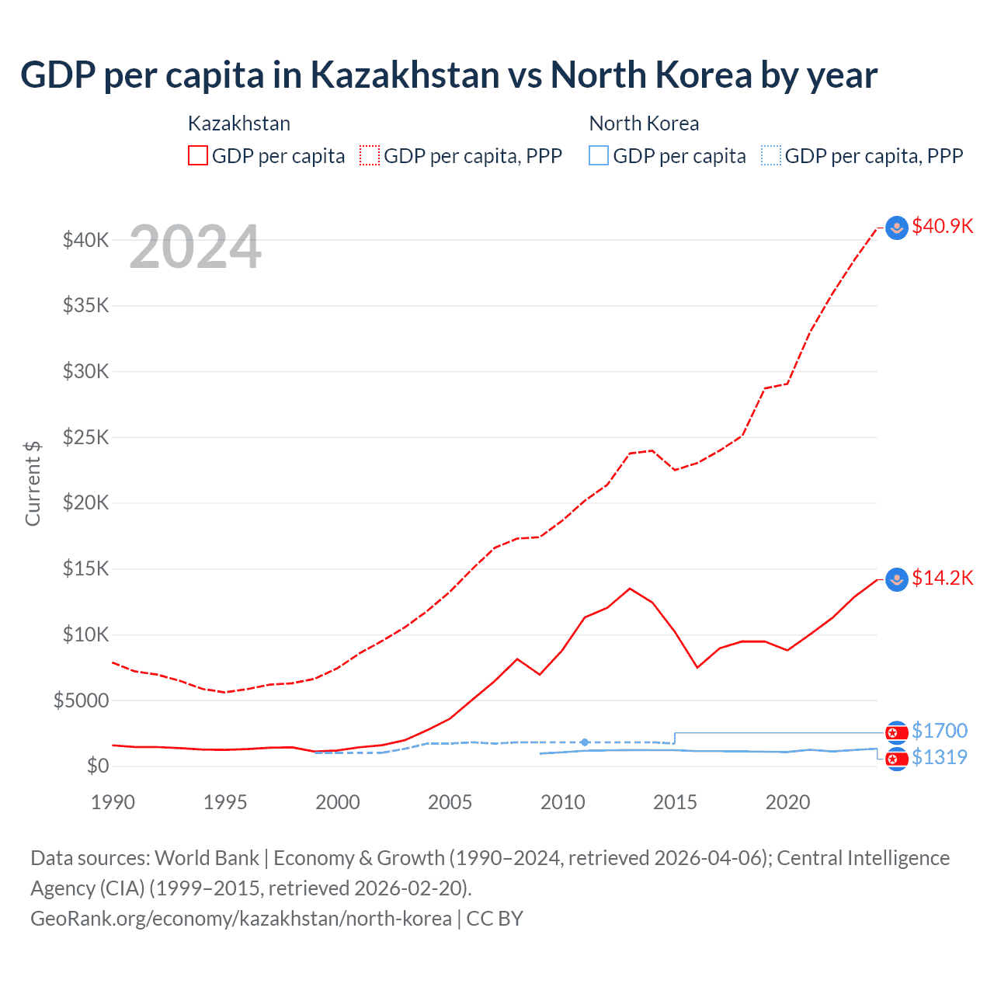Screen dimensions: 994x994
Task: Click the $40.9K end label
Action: click(x=942, y=226)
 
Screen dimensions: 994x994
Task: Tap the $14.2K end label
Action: click(x=942, y=578)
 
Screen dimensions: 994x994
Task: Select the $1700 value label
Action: click(x=940, y=731)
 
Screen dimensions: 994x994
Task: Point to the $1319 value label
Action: click(x=940, y=757)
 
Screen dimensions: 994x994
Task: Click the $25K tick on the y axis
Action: click(x=86, y=437)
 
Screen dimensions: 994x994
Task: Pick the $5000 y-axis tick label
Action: click(x=82, y=700)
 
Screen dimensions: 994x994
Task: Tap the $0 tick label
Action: click(x=98, y=766)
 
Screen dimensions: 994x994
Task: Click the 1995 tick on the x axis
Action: click(x=225, y=802)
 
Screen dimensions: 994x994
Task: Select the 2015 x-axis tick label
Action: click(x=675, y=802)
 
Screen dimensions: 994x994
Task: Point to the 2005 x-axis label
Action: click(x=450, y=802)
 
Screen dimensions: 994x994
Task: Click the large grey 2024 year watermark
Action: click(x=195, y=248)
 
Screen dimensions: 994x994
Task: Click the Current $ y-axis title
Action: click(x=33, y=483)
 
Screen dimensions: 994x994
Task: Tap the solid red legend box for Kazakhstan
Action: click(x=198, y=156)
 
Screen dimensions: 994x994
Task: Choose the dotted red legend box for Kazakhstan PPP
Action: click(x=370, y=156)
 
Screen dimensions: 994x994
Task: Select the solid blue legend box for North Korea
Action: click(x=599, y=156)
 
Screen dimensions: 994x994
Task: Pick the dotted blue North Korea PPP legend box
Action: click(x=771, y=156)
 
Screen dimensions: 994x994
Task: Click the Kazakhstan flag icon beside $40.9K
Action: click(x=897, y=228)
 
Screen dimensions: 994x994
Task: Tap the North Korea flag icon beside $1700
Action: click(x=897, y=732)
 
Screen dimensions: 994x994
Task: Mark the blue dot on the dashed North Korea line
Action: click(x=585, y=742)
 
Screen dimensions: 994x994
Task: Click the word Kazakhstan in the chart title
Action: click(x=405, y=75)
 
